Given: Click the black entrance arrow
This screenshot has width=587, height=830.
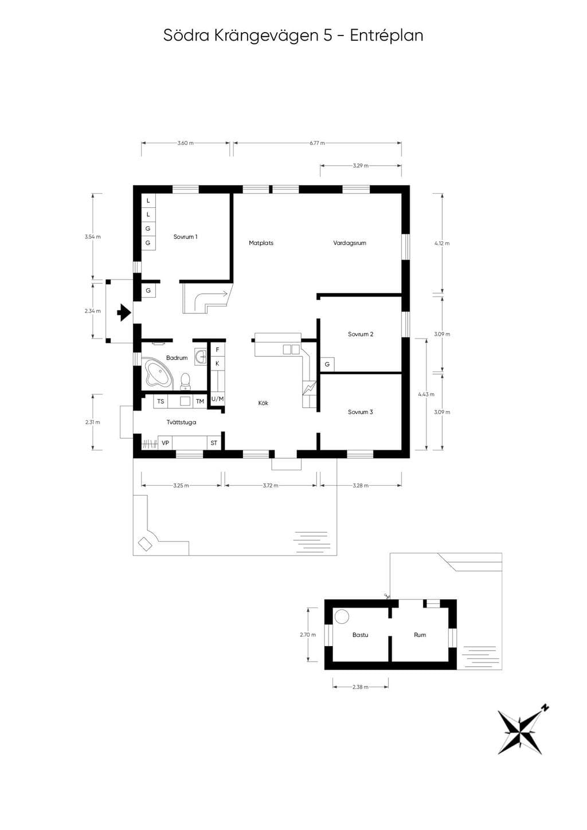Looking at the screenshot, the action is [124, 312].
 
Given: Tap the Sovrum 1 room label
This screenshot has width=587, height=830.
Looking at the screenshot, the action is [185, 237].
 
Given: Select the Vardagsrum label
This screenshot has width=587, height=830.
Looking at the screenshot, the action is [350, 243].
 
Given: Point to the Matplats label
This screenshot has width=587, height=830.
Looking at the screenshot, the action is [261, 243].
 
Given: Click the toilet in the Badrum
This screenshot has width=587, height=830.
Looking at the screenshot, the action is [185, 381].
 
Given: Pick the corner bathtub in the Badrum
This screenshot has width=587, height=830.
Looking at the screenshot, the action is [158, 373].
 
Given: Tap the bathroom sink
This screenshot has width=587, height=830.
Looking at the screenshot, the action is [201, 356].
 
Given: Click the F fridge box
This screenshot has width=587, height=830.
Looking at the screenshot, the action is [218, 350].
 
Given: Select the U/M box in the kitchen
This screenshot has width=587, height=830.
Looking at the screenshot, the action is [218, 399].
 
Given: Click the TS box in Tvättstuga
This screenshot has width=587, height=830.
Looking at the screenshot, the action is [161, 402].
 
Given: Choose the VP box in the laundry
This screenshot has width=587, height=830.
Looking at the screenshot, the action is [165, 443].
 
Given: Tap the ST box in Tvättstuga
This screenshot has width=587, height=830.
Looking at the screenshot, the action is [214, 443].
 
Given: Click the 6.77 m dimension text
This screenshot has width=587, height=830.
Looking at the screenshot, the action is [318, 143].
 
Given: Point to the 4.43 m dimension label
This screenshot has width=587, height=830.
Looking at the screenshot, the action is [426, 394].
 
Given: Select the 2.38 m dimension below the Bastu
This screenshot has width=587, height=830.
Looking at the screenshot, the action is [361, 687].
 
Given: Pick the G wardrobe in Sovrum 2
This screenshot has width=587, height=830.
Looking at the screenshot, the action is [327, 365].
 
